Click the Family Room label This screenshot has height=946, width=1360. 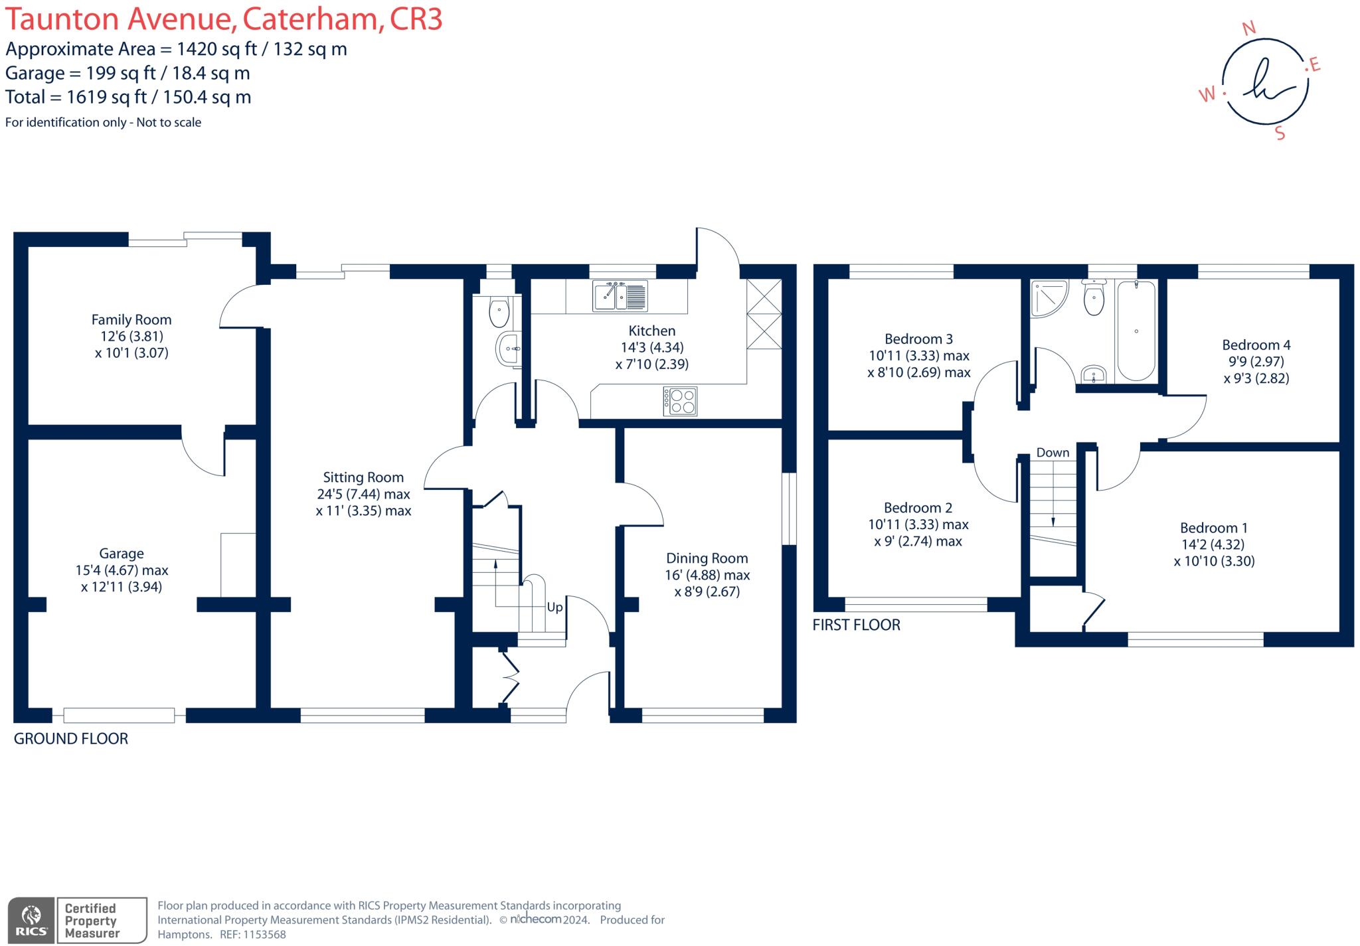pos(131,319)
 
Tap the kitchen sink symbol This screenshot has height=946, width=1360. pos(620,296)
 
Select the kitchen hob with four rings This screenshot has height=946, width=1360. pos(680,401)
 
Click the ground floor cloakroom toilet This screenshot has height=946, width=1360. pos(499,313)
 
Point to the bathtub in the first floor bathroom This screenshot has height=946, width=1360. pos(1136,331)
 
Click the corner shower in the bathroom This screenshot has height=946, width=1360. pos(1047,297)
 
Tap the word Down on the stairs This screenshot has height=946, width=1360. pos(1053,453)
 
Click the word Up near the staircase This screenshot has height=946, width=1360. pos(554,607)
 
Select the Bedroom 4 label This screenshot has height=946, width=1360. pos(1256,345)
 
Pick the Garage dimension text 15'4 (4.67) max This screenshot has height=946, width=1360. pos(122,570)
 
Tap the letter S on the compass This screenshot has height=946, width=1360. pos(1280,133)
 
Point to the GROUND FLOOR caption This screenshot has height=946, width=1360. pos(71,738)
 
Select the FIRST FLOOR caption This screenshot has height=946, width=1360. pos(856,625)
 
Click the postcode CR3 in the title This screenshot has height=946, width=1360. pos(416,19)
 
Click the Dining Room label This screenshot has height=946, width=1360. pos(707,558)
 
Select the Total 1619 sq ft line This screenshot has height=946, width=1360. pos(128,97)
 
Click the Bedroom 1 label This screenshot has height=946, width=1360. pos(1213,528)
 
